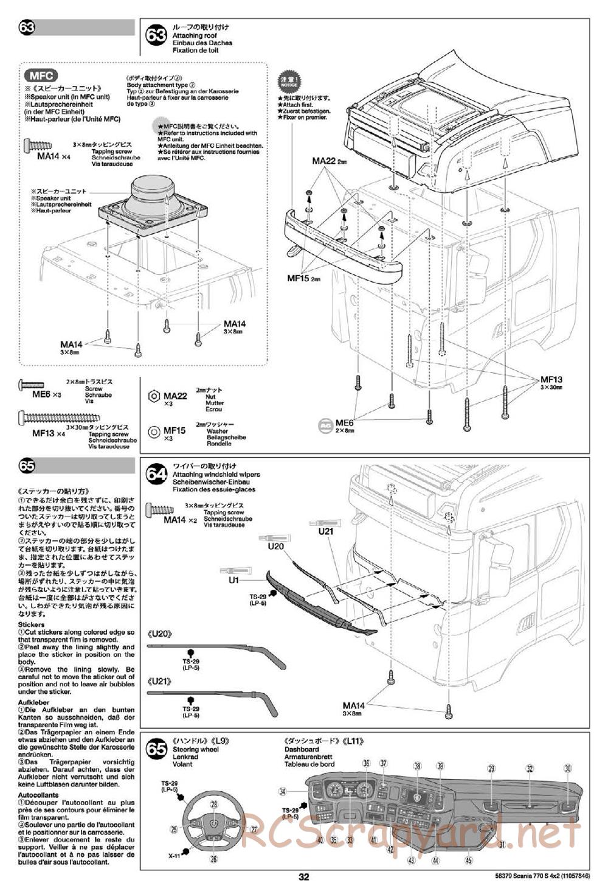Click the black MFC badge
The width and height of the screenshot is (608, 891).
(41, 76)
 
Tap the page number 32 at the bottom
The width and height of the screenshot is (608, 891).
(304, 877)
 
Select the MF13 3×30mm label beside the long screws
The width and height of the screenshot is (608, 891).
(552, 382)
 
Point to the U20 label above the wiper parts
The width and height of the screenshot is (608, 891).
(275, 547)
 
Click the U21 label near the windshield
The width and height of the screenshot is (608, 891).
(326, 531)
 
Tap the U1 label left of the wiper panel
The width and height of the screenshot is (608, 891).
(233, 580)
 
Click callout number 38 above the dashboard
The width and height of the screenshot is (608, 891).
(418, 766)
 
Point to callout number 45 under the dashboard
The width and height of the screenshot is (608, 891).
(468, 860)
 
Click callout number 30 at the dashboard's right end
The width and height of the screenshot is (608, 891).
(568, 768)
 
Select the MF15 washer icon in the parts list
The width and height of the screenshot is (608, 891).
(153, 433)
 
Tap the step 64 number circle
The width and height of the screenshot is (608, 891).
(157, 474)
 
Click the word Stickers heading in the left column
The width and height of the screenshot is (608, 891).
(31, 624)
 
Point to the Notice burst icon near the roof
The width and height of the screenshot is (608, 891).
(288, 82)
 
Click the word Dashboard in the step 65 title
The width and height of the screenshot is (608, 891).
(301, 749)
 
